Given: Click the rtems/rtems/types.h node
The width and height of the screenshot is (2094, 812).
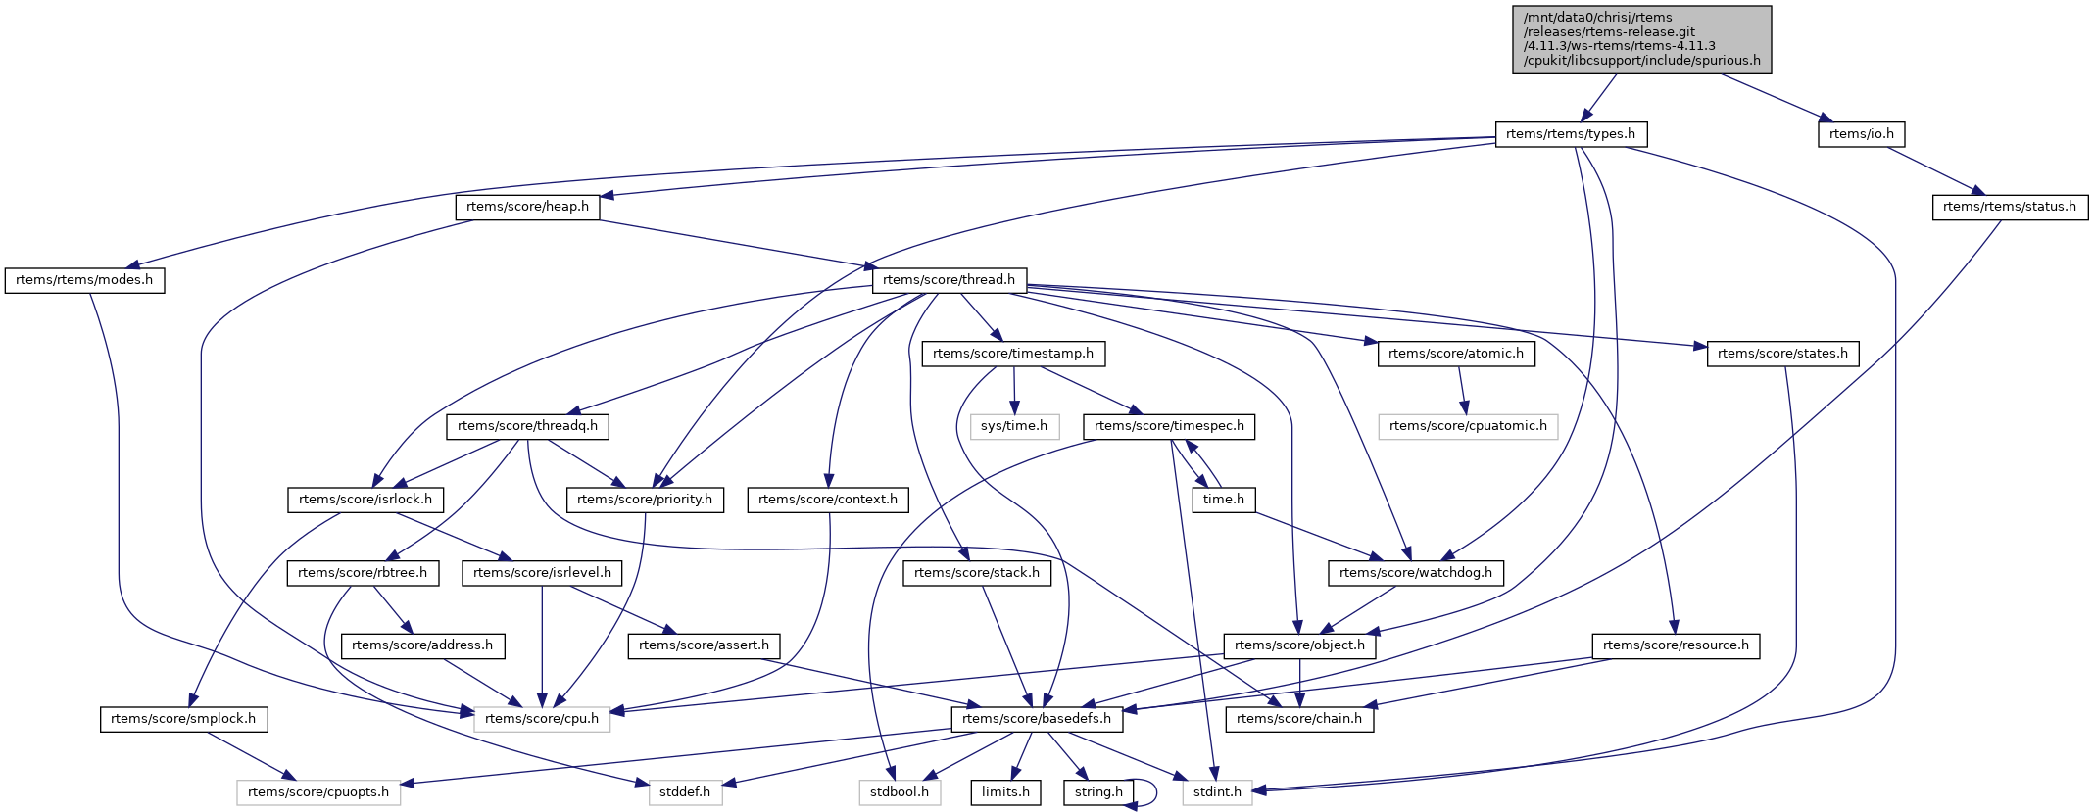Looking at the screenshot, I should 1571,134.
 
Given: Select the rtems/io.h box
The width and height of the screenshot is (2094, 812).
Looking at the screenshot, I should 1862,134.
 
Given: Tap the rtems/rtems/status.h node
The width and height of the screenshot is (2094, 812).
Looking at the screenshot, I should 2009,207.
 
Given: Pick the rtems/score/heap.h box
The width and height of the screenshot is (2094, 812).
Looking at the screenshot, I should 527,207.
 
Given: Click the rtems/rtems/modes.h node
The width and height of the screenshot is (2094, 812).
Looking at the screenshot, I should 84,280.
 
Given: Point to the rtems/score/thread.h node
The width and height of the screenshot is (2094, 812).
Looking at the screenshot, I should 949,280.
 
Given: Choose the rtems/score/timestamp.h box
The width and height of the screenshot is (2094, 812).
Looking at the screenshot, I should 1013,354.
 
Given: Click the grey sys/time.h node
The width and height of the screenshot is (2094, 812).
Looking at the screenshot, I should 1014,426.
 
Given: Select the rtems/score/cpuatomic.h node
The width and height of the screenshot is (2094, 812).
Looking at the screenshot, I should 1467,426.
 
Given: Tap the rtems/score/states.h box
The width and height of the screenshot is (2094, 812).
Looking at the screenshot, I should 1782,354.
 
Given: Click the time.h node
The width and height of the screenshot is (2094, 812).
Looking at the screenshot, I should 1223,500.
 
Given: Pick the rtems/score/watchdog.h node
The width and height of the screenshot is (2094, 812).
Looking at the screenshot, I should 1415,573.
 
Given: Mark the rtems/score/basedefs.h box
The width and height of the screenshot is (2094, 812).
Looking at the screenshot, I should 1037,719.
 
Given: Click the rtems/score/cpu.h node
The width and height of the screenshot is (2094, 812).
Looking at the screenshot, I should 542,719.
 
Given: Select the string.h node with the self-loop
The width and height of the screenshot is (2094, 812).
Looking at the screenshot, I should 1098,792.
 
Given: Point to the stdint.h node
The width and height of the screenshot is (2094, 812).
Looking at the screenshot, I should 1217,792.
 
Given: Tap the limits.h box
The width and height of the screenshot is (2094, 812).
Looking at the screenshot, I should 1005,792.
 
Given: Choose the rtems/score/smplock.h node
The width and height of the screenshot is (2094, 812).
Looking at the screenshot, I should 183,719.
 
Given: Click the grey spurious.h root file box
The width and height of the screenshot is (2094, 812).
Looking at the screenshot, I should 1641,39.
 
